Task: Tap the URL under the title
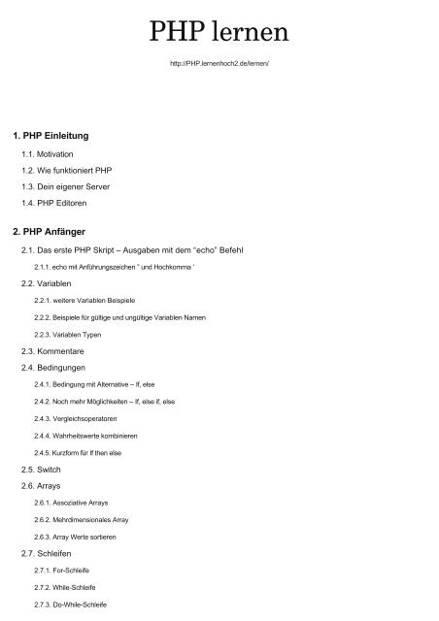click(219, 74)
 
